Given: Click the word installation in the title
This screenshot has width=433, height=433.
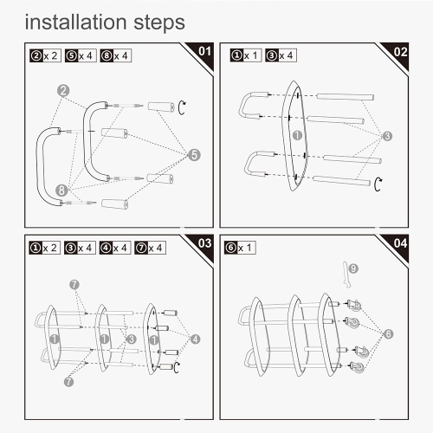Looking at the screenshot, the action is pos(76,23).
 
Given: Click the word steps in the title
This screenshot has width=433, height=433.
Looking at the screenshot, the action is pos(159,23).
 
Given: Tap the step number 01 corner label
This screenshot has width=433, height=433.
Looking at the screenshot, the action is pos(204,51).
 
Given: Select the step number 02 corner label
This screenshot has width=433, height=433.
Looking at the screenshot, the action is pos(400,52).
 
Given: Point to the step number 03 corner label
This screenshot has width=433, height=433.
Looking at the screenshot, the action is pos(204,243).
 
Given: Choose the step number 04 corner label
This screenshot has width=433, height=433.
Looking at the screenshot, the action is pos(400,243).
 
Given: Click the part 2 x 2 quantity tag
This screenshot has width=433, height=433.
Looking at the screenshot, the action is pos(45,55).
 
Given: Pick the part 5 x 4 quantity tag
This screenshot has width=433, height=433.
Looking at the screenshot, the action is pos(81,55).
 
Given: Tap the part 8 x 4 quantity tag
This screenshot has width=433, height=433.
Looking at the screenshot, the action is pos(116,55).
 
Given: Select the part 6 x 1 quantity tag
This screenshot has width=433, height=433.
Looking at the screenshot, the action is pos(240,248).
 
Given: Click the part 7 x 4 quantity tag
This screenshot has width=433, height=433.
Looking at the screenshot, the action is pos(150,248).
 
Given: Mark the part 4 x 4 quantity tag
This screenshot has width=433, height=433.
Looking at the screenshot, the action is pos(115,248).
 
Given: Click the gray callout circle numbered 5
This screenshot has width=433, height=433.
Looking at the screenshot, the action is pos(194,155).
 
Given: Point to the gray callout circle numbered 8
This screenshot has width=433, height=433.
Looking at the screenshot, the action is pos(61,191).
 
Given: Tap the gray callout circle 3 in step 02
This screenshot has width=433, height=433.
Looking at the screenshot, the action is pos(387,136).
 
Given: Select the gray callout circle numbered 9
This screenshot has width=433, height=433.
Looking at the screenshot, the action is pos(353,268).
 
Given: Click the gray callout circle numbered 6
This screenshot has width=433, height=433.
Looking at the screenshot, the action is pos(389,334).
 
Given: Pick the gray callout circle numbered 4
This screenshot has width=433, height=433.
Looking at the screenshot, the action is pos(196,339).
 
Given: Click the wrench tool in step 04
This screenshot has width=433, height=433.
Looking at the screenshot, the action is pos(346,275).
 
